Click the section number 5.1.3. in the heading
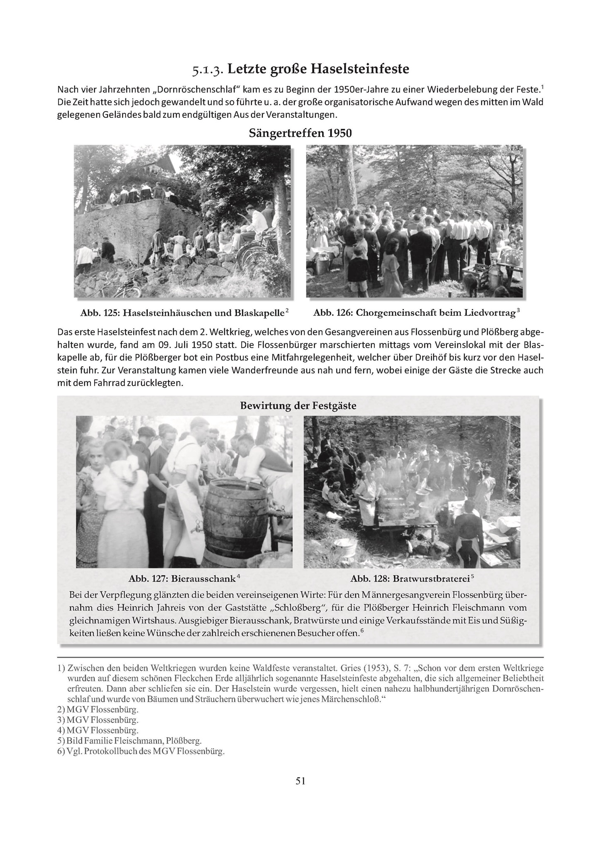[x=208, y=69]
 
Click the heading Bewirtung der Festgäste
[x=298, y=405]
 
